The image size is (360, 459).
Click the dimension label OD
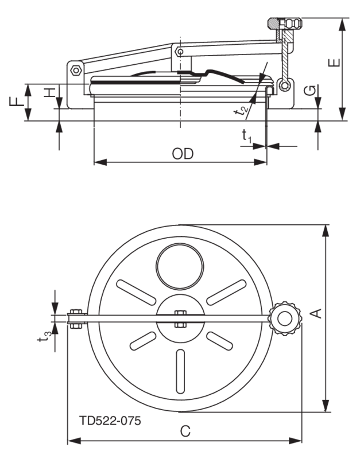(x=183, y=154)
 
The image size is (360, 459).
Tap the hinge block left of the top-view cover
(x=75, y=320)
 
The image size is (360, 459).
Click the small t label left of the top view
(x=41, y=339)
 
